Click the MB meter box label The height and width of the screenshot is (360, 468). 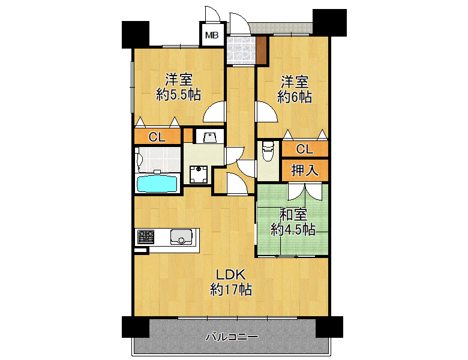click(x=212, y=35)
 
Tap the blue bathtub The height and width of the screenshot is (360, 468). click(x=157, y=184)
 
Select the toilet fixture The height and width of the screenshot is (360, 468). click(x=268, y=151)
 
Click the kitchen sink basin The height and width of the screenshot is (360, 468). click(x=181, y=237)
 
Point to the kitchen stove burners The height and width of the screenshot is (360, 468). click(x=146, y=237)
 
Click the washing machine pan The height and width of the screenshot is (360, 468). click(x=199, y=175)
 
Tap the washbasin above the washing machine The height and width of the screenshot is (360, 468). click(x=210, y=137)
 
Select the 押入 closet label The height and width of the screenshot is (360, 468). click(x=305, y=170)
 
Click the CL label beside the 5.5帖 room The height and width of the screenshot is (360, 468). click(x=157, y=137)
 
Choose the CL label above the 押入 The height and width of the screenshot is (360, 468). click(x=305, y=149)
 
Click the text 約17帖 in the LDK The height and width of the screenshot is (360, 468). click(x=231, y=289)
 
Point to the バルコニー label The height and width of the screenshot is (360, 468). click(x=232, y=337)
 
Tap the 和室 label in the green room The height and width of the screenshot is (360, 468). click(x=293, y=214)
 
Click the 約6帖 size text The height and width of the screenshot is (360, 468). click(x=295, y=97)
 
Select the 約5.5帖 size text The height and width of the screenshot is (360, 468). click(x=178, y=95)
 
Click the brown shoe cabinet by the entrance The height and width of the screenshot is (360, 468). click(x=261, y=50)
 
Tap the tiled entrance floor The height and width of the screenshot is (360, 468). click(x=241, y=50)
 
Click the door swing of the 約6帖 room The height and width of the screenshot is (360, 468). click(x=266, y=112)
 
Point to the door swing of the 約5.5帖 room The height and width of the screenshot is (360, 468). click(x=214, y=112)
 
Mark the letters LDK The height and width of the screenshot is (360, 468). click(x=231, y=274)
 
